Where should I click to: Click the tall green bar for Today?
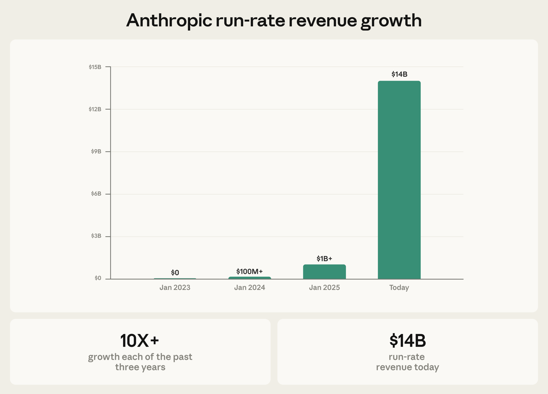click(399, 180)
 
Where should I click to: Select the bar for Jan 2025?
click(324, 272)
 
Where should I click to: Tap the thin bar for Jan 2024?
click(250, 278)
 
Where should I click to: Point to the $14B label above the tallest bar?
click(399, 74)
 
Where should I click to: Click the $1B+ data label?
click(324, 259)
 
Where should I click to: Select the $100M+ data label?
click(249, 271)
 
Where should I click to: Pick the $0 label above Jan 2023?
click(175, 272)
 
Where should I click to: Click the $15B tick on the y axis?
click(95, 67)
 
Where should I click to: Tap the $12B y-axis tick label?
click(95, 109)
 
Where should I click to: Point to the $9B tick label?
click(96, 151)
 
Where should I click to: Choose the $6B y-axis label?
click(96, 194)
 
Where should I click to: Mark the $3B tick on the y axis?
click(96, 236)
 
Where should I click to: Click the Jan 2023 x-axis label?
click(175, 288)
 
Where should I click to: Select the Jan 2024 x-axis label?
click(249, 288)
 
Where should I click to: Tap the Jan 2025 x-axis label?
click(324, 288)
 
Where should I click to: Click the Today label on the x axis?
click(399, 288)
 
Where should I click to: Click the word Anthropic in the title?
click(169, 21)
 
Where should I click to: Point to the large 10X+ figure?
click(140, 340)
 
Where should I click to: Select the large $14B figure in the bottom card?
click(407, 340)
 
